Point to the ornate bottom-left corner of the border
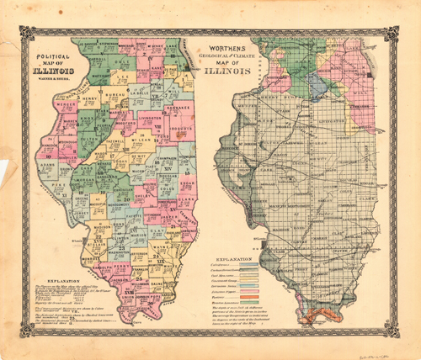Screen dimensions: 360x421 pos(24,331)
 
